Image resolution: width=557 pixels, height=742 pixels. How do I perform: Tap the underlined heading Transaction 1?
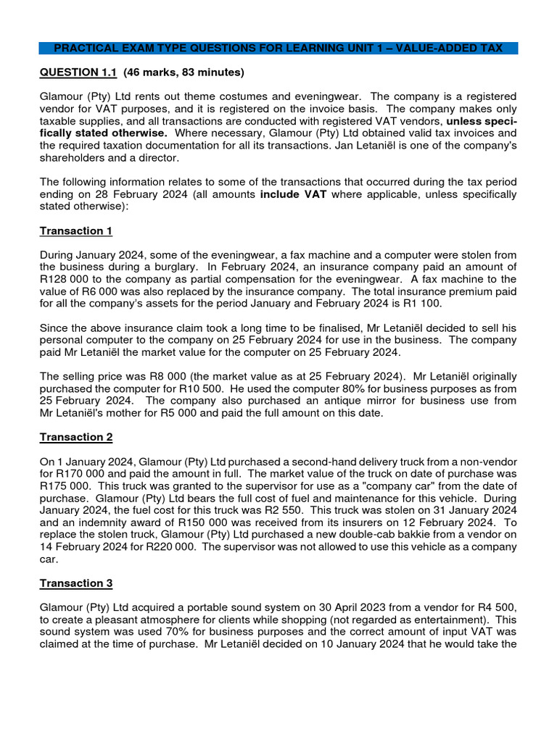pyautogui.click(x=76, y=230)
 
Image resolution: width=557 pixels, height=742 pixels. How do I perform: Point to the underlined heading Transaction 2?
pyautogui.click(x=76, y=437)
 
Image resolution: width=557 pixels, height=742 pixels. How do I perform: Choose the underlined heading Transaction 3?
pyautogui.click(x=76, y=583)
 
